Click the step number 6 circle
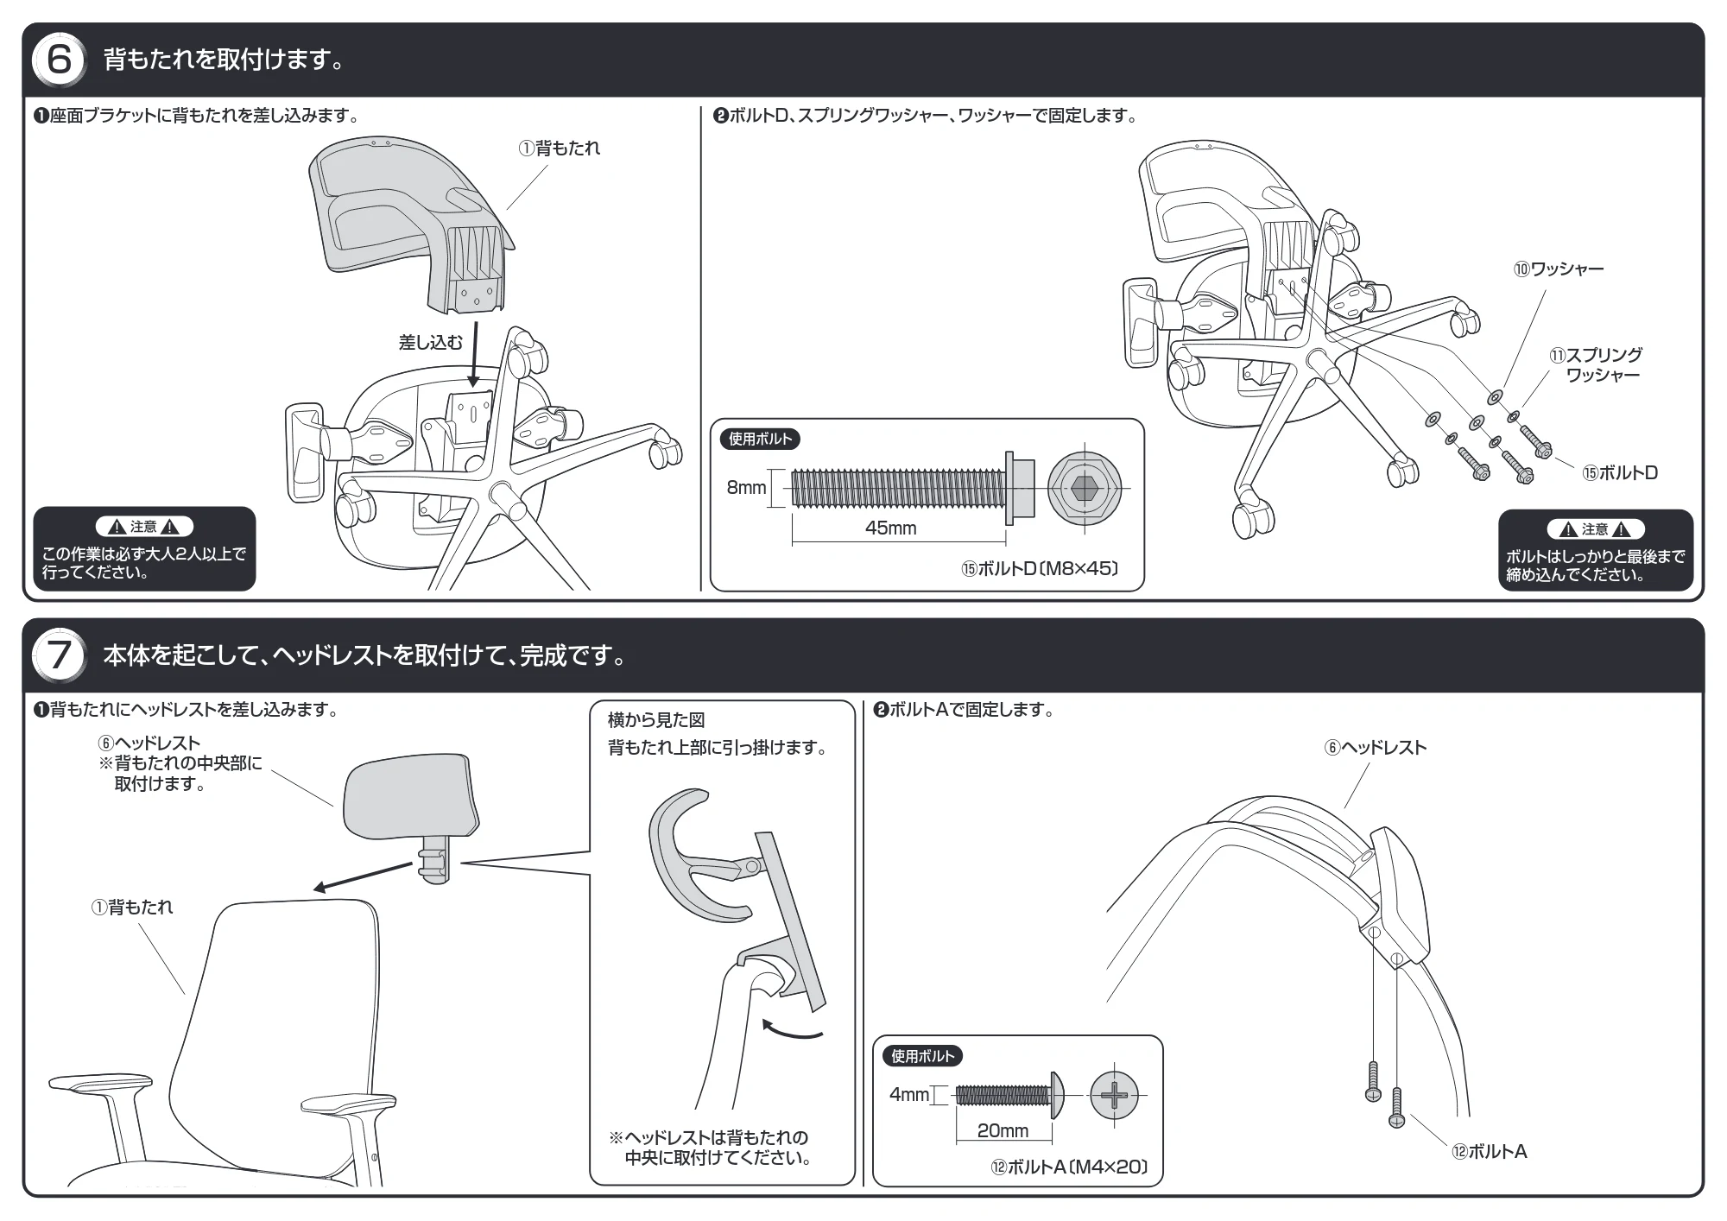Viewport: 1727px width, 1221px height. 59,60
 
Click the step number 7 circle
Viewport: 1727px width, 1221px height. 59,655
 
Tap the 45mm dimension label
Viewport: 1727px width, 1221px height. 890,528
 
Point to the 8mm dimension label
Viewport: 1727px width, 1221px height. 746,488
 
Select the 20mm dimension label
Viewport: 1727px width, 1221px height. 1003,1130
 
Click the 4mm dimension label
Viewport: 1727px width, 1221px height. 909,1095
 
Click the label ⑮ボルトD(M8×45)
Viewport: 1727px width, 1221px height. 1041,568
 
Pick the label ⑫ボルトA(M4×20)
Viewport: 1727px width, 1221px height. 1069,1167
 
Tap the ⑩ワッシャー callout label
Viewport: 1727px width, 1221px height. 1559,269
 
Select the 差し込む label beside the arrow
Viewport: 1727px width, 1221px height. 430,343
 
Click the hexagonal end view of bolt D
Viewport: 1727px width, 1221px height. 1085,488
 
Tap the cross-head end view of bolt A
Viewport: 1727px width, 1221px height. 1115,1096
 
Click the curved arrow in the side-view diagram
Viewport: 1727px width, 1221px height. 792,1028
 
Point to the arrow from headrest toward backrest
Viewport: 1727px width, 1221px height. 362,876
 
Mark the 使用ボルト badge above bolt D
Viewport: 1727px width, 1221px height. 760,439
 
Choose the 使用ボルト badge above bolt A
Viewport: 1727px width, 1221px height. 922,1055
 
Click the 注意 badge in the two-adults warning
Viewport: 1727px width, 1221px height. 143,527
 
